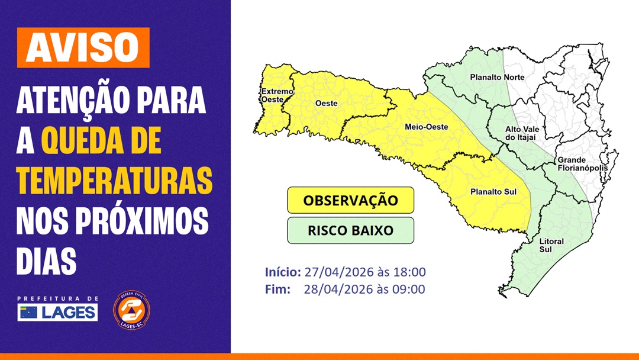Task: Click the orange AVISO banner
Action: [82, 47]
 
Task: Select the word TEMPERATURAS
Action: [114, 182]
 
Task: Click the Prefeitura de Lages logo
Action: [57, 308]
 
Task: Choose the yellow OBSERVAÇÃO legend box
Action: [350, 200]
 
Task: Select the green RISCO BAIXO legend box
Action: [350, 230]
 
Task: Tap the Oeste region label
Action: [326, 103]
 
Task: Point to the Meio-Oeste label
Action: [426, 127]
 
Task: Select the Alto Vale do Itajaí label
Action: [521, 133]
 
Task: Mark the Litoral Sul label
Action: [551, 246]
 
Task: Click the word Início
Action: [282, 272]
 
